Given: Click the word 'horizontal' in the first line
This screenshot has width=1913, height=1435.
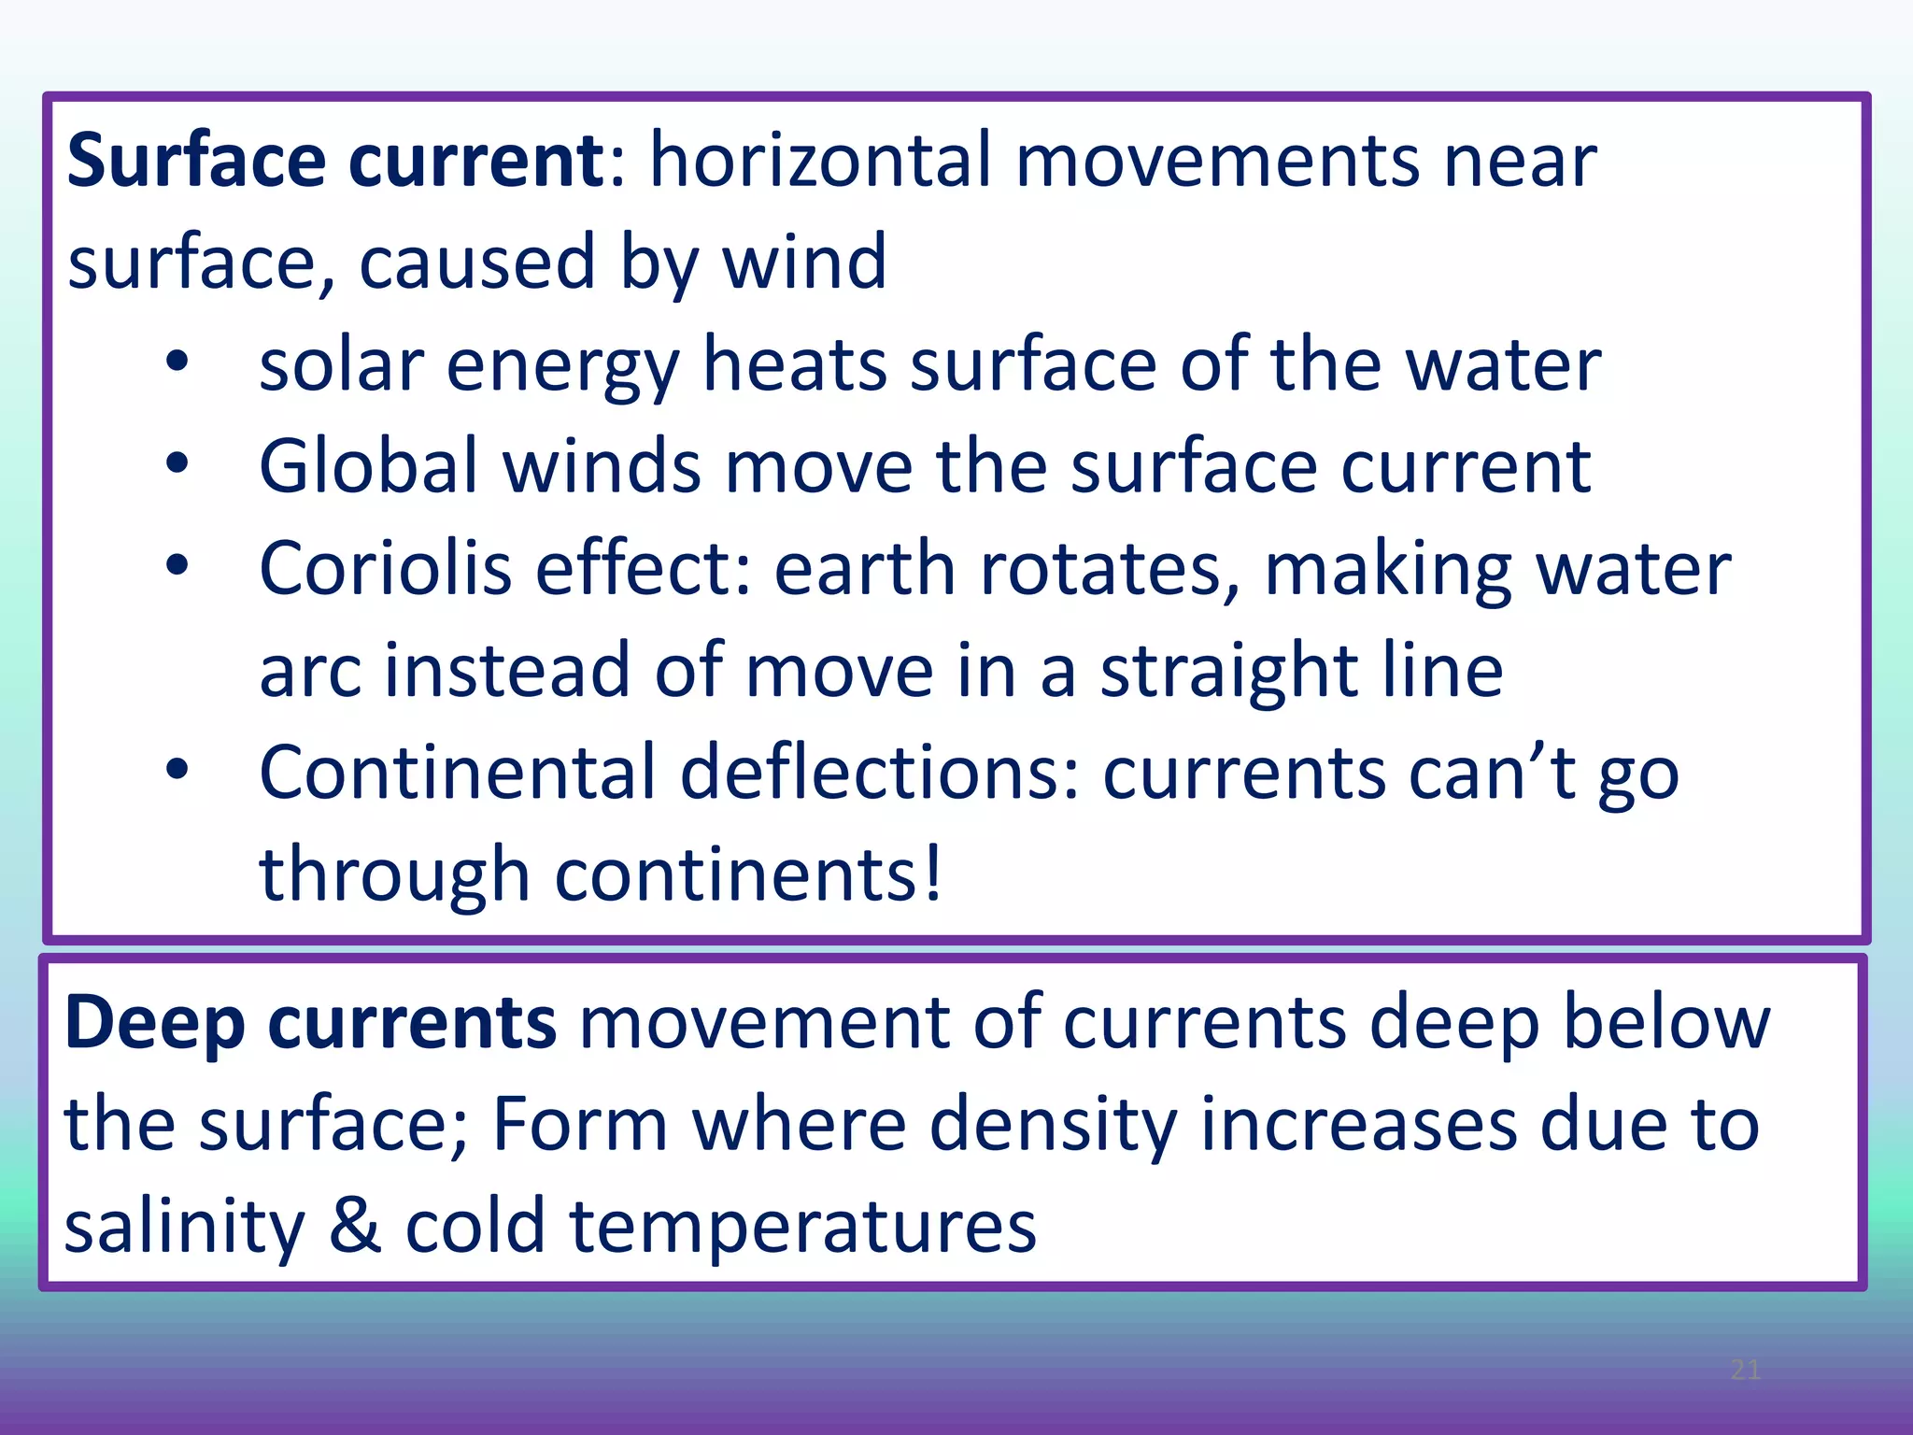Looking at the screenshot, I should (x=820, y=161).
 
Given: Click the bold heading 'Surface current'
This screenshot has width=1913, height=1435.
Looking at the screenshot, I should (x=336, y=161).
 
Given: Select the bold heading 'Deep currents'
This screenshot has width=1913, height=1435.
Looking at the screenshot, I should (x=310, y=1023).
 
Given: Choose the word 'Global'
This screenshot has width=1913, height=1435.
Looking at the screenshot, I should (x=369, y=466).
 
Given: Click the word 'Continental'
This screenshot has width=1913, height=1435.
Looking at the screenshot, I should (x=458, y=773).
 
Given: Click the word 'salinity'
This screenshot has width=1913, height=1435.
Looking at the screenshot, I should (x=185, y=1227).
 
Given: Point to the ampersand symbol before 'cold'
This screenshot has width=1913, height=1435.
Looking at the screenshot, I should (x=356, y=1227).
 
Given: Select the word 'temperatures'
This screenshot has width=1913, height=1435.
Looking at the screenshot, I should (x=803, y=1229).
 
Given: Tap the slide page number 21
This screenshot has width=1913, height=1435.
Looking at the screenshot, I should (x=1745, y=1371).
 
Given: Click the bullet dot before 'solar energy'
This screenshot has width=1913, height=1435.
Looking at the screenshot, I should (x=177, y=362).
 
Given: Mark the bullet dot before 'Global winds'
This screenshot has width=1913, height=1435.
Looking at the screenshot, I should (x=177, y=463).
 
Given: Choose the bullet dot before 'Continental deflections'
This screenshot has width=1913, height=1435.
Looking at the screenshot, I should (x=177, y=770).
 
